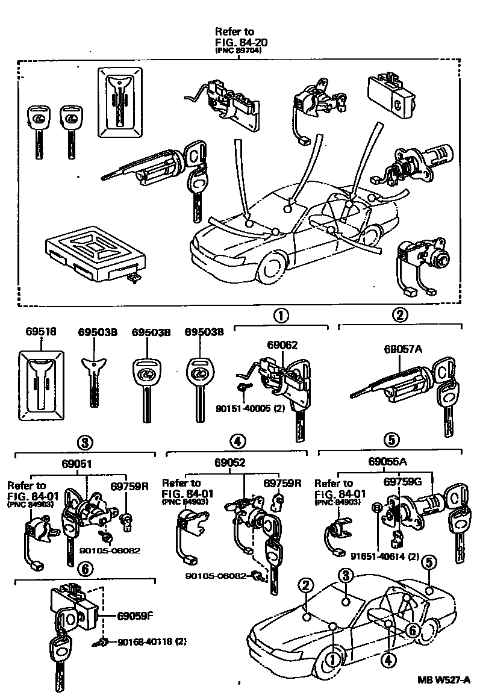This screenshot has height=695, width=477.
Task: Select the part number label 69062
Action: click(282, 345)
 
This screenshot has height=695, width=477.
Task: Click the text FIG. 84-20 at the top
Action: click(242, 42)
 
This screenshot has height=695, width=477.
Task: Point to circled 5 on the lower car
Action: click(428, 563)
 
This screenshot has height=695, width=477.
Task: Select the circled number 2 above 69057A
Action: click(401, 314)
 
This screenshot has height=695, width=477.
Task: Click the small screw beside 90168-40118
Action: click(102, 643)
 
